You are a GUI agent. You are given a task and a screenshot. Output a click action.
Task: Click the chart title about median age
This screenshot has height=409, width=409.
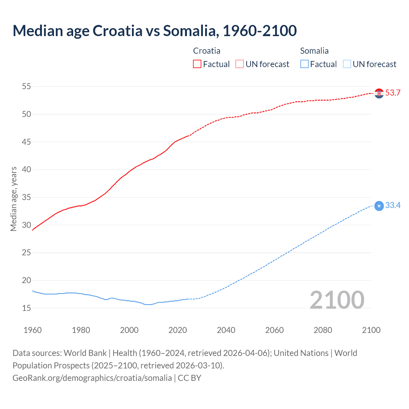tap(155, 31)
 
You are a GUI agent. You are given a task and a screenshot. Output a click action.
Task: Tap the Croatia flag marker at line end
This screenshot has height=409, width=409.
tap(379, 93)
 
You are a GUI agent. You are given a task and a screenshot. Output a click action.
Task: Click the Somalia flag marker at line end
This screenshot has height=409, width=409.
tap(379, 206)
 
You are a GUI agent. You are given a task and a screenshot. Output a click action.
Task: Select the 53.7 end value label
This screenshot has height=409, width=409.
tap(393, 93)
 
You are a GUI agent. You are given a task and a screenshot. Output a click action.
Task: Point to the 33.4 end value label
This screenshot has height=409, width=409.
tap(393, 205)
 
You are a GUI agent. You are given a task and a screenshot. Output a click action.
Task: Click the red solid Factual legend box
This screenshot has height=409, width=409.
tap(197, 64)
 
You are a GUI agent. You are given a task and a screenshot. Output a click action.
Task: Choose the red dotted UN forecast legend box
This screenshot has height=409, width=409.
tap(240, 64)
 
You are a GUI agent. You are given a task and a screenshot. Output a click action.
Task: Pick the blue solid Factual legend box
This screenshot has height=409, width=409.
tap(305, 64)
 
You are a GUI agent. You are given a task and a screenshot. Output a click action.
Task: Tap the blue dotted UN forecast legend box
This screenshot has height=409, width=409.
tap(347, 64)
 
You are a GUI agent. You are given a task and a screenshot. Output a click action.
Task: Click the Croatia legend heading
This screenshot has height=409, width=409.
tap(207, 51)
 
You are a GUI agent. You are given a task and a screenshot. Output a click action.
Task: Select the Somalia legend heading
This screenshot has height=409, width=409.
tap(314, 51)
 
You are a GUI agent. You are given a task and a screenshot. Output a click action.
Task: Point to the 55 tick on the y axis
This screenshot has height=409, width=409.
tap(27, 86)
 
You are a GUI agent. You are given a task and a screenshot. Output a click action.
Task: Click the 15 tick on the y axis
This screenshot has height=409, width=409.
tap(27, 308)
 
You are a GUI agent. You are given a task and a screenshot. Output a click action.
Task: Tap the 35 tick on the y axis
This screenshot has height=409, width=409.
tap(27, 197)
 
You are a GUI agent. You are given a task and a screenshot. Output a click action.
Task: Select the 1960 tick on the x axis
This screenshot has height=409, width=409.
tap(33, 330)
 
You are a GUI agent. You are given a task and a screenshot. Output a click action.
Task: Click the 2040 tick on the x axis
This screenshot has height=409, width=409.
tap(226, 330)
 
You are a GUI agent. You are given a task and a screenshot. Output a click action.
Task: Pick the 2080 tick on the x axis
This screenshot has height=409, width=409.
tap(323, 330)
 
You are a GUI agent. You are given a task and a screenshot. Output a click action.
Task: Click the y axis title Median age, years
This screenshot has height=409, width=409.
tap(13, 199)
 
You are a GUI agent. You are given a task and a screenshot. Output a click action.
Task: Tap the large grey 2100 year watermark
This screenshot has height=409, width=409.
tap(337, 300)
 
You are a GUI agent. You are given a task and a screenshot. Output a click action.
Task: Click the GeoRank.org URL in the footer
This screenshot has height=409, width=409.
tap(92, 378)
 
